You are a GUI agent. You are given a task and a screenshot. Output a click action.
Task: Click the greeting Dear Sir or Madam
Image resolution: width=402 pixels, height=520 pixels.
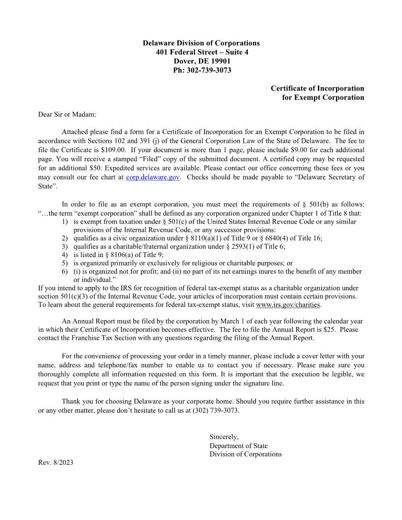click(x=67, y=115)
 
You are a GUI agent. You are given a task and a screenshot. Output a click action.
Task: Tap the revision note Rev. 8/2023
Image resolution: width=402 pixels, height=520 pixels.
click(x=56, y=463)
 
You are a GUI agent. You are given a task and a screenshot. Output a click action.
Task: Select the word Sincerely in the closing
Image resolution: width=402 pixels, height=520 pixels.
click(x=224, y=437)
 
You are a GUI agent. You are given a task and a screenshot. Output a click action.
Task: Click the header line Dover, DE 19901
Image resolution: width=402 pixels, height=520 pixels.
click(x=201, y=61)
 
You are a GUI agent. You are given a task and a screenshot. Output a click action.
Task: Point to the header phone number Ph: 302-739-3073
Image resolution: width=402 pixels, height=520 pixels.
click(x=201, y=70)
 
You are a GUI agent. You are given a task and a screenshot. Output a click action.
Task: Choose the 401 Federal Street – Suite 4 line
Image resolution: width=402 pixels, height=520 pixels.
click(x=201, y=52)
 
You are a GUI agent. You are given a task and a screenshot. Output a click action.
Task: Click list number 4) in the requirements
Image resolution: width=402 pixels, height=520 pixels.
click(x=65, y=255)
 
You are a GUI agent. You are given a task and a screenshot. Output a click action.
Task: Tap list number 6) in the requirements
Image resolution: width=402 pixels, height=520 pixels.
click(x=65, y=271)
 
